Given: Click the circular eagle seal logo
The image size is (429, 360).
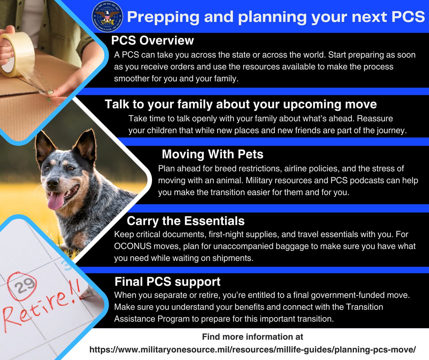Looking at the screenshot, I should click(107, 17).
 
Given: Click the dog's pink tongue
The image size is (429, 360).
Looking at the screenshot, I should click(56, 200).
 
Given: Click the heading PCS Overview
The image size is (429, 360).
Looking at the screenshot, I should click(152, 40).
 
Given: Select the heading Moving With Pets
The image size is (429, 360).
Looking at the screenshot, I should click(212, 154).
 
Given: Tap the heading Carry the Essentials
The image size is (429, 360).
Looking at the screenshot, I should click(186, 221).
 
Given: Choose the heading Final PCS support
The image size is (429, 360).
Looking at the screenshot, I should click(167, 282).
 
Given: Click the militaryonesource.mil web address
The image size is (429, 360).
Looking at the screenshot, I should click(253, 349).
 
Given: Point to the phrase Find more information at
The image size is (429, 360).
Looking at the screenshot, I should click(252, 337).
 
